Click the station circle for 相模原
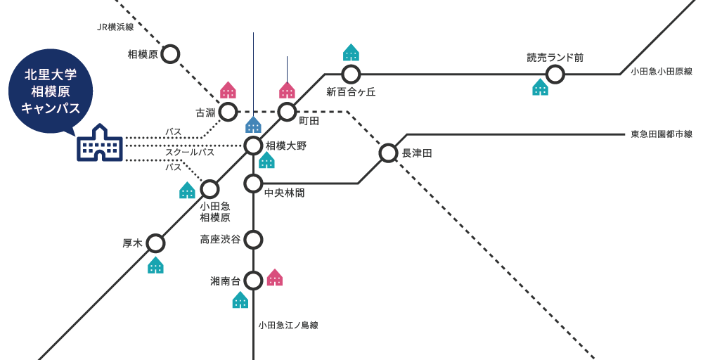click(x=171, y=53)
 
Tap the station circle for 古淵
click(x=228, y=112)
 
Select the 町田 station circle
click(x=287, y=112)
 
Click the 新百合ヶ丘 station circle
click(x=351, y=74)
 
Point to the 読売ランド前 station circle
click(x=555, y=74)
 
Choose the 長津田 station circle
click(x=388, y=153)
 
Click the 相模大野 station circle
click(x=253, y=146)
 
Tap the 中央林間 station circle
click(x=253, y=184)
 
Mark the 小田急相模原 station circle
click(x=210, y=189)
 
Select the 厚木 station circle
click(x=155, y=243)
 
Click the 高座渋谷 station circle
click(x=253, y=239)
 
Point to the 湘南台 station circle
click(x=253, y=280)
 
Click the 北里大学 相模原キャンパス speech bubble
click(x=51, y=91)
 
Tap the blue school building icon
click(x=99, y=145)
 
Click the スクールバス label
click(x=190, y=152)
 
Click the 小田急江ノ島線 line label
click(x=288, y=326)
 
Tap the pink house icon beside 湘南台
click(x=275, y=278)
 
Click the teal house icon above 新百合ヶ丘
click(x=351, y=53)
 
